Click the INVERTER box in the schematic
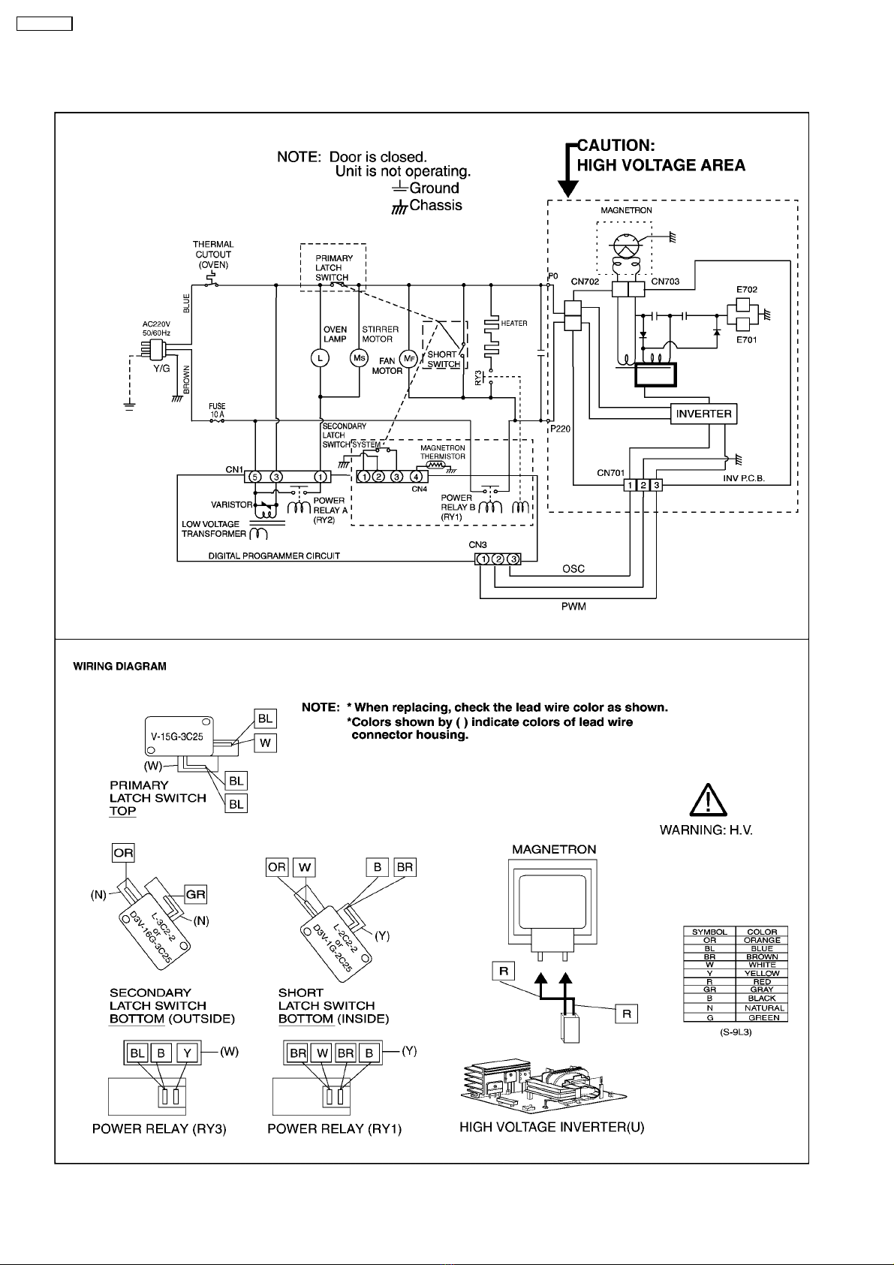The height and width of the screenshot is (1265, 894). click(x=703, y=414)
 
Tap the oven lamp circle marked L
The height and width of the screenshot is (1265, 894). click(x=320, y=358)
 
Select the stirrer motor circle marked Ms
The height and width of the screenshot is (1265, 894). click(x=360, y=358)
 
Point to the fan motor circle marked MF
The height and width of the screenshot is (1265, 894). click(x=408, y=359)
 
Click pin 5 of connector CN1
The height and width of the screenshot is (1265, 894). click(x=255, y=477)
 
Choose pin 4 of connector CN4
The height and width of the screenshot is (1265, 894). click(x=416, y=477)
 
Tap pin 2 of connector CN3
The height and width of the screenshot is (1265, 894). click(x=498, y=559)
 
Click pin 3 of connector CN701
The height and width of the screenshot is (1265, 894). click(x=656, y=485)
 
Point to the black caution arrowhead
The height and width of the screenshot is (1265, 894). click(x=567, y=188)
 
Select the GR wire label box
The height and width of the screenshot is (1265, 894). click(x=195, y=894)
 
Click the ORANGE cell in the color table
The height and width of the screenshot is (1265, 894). click(x=761, y=940)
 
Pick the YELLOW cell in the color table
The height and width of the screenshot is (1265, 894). click(x=761, y=973)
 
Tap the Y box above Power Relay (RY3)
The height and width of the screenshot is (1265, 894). click(x=188, y=1053)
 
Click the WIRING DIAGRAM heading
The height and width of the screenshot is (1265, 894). click(x=120, y=667)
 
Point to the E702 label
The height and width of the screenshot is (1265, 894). click(x=747, y=290)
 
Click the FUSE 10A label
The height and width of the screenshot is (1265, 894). click(x=217, y=411)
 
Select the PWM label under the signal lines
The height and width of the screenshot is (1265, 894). click(x=573, y=607)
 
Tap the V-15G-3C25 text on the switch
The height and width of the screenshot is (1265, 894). click(x=176, y=736)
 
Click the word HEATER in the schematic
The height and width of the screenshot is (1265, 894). click(x=514, y=324)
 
